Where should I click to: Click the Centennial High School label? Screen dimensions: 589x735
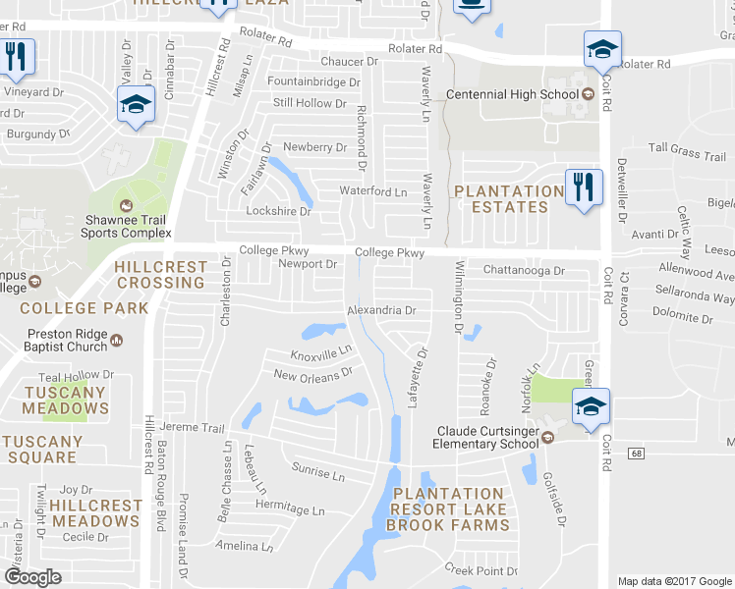[511, 94]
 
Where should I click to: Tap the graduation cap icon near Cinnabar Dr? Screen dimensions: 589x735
[136, 103]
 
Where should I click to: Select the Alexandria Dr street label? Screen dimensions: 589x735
[382, 310]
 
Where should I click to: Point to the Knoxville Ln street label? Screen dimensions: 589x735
[321, 353]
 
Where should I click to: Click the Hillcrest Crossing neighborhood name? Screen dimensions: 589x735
[160, 275]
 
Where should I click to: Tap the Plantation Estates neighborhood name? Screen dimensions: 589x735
[509, 199]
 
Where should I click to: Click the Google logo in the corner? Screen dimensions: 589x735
[32, 577]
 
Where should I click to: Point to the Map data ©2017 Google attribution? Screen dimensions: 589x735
[674, 581]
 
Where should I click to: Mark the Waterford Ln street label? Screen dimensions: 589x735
[372, 191]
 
